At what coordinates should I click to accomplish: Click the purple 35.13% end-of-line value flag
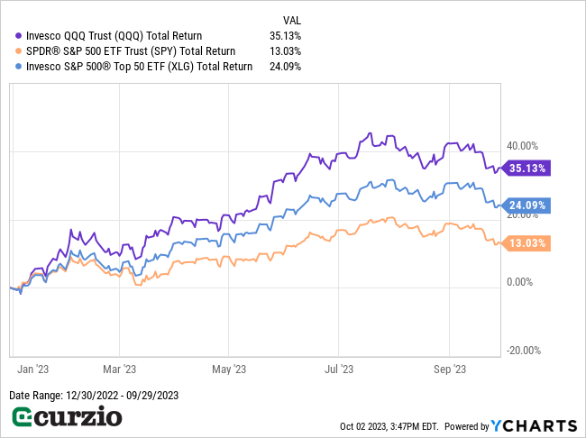click(527, 168)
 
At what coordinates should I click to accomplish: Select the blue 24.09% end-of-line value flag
click(527, 205)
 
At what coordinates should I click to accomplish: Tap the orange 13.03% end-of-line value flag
click(527, 242)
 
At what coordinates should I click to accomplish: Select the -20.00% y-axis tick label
click(522, 351)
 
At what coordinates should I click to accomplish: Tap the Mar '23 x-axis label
click(118, 369)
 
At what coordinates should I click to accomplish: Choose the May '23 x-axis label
click(228, 369)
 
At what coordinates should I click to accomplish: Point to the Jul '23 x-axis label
click(338, 369)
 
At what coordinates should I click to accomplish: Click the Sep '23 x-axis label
click(449, 369)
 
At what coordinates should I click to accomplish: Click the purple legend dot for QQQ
click(17, 36)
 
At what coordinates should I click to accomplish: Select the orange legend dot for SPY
click(17, 51)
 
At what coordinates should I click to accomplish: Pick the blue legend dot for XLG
click(17, 66)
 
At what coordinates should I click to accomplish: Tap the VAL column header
click(292, 20)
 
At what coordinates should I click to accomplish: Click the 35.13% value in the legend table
click(285, 36)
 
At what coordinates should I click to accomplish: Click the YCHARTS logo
click(534, 425)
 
